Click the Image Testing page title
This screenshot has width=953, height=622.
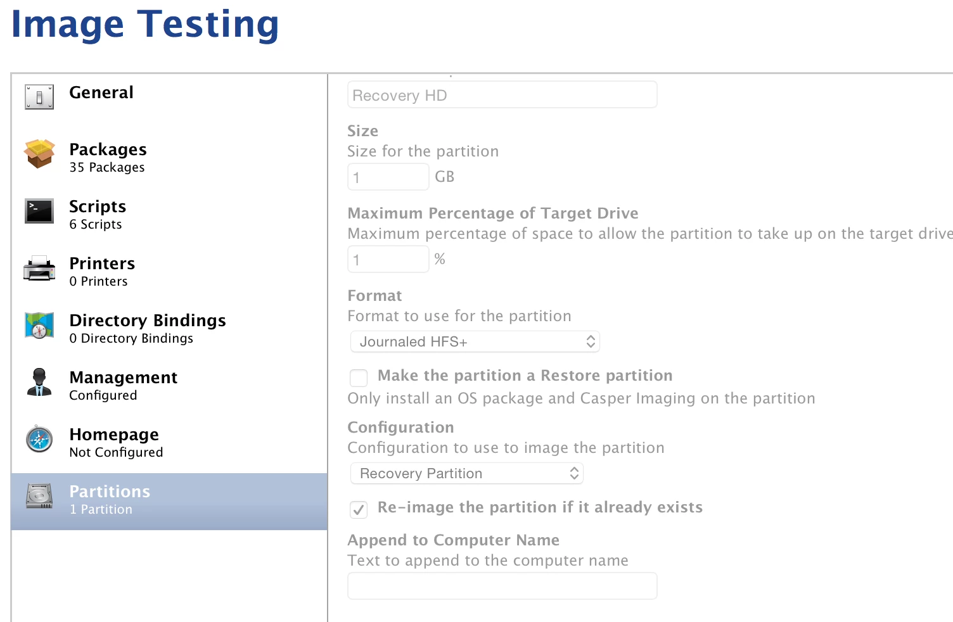(145, 25)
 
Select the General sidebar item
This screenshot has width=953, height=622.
(101, 92)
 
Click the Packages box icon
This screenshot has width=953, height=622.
(39, 153)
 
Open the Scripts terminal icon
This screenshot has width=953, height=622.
(39, 210)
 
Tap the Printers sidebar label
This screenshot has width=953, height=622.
(102, 263)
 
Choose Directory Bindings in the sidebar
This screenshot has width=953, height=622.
(148, 320)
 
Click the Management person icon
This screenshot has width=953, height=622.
(39, 382)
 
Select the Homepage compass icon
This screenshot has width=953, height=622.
(39, 439)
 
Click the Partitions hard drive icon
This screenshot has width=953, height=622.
(39, 496)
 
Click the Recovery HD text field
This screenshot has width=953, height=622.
(502, 95)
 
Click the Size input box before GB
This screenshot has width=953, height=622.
(388, 177)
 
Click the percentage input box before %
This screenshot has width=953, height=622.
(388, 259)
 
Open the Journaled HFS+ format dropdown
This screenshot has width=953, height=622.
(475, 341)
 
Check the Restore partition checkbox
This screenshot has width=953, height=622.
(359, 378)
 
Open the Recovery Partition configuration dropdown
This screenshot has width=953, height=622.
(466, 473)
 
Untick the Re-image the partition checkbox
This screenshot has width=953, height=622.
(359, 509)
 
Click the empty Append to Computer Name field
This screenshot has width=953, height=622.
(502, 586)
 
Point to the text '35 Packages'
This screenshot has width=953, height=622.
(107, 167)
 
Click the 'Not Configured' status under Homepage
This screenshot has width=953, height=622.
(116, 452)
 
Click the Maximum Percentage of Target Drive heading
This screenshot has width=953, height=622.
(493, 213)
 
